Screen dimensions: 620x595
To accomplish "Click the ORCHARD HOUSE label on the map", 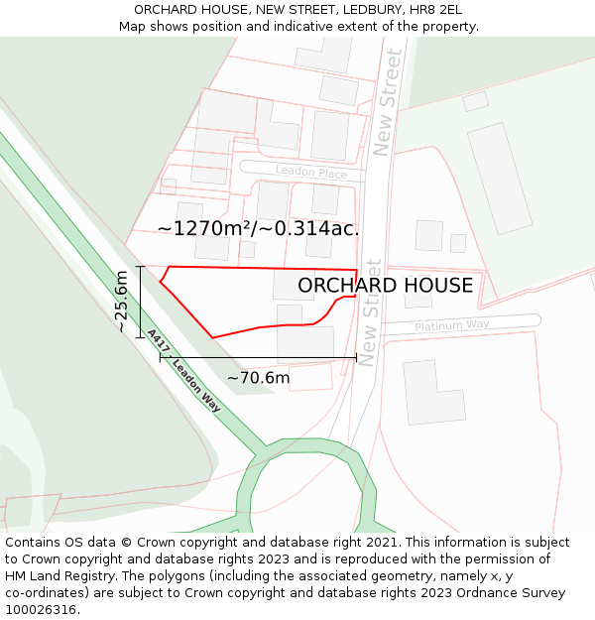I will click(x=385, y=286).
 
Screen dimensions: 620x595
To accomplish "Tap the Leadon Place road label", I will click(x=310, y=173).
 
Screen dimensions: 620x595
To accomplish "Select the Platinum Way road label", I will click(x=451, y=325).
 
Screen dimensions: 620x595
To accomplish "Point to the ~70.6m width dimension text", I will click(x=258, y=378).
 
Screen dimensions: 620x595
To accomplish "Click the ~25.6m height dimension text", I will click(x=121, y=302).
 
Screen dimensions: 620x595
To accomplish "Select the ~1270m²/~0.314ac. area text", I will click(x=258, y=228).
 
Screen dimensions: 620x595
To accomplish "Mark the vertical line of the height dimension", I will click(x=141, y=302).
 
